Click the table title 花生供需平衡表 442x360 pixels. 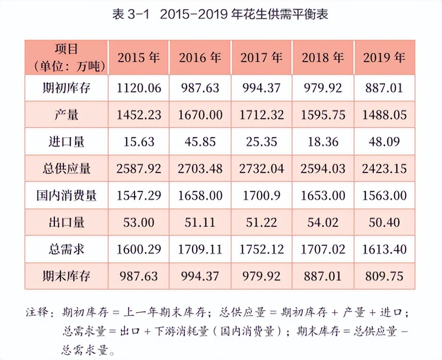click(x=274, y=14)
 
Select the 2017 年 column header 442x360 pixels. click(x=261, y=57)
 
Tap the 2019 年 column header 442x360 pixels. click(x=384, y=57)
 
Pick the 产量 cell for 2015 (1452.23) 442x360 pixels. click(x=139, y=115)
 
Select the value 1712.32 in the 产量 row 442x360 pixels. click(x=262, y=115)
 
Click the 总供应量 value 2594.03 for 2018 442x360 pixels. click(x=323, y=169)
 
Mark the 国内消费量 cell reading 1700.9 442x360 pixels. click(x=262, y=196)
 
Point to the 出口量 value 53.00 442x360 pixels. click(x=139, y=223)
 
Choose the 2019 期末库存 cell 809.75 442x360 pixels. click(x=384, y=276)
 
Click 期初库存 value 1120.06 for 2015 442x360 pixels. click(x=139, y=88)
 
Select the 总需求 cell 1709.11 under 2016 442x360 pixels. click(x=200, y=249)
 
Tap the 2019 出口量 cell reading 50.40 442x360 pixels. click(x=384, y=223)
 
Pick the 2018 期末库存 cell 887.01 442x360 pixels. click(x=323, y=276)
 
